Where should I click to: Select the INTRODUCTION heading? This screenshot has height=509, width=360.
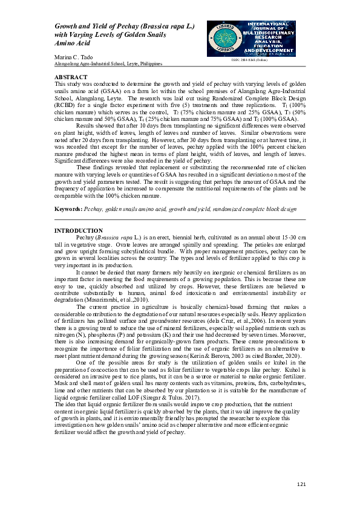point(79,231)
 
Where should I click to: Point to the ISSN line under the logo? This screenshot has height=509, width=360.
point(249,59)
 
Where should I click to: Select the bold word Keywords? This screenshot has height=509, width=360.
point(68,208)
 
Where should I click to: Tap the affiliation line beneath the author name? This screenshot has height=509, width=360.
point(108,63)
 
